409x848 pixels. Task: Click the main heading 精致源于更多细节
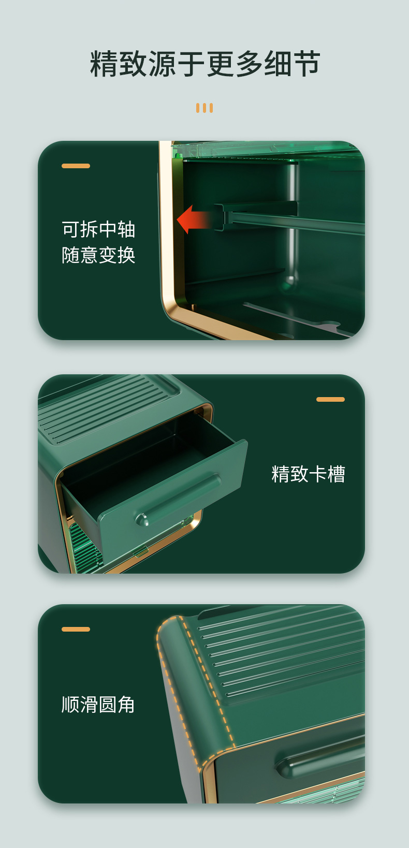point(205,64)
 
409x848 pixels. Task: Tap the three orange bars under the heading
point(204,108)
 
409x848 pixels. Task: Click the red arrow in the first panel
point(194,219)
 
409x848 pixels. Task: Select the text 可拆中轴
point(98,229)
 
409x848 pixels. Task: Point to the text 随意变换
point(98,255)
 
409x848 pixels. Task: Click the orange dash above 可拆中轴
point(76,166)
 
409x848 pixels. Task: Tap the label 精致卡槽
point(308,474)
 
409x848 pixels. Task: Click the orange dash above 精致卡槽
point(330,399)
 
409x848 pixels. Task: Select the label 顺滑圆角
point(98,705)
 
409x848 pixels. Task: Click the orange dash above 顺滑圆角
point(76,629)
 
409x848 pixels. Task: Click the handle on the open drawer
point(178,500)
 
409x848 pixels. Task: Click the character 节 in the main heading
point(306,64)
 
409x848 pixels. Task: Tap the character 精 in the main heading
point(104,64)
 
